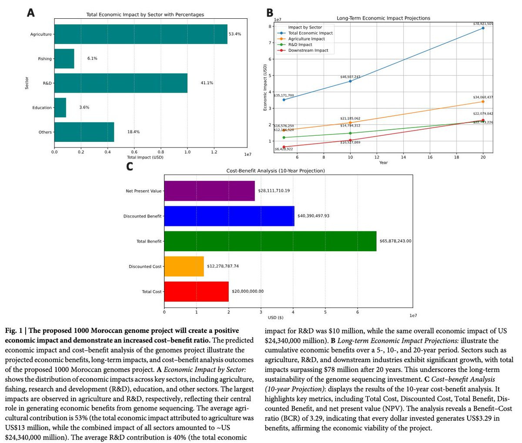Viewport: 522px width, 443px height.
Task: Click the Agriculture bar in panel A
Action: pos(141,34)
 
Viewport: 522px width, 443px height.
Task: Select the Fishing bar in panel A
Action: pos(64,59)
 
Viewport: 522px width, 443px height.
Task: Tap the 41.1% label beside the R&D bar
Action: pos(207,83)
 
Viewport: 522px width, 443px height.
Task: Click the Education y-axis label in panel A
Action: pos(42,107)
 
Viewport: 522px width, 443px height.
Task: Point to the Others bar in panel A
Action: pos(84,132)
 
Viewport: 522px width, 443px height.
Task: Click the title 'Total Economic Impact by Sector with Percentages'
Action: pos(145,15)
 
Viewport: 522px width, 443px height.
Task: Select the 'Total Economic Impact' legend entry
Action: pos(310,33)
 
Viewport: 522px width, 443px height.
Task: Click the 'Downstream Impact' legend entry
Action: pos(308,50)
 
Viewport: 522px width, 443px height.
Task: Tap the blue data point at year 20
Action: pos(483,28)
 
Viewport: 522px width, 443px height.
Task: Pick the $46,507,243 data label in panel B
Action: pos(350,77)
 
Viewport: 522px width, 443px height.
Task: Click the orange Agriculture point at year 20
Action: pos(483,101)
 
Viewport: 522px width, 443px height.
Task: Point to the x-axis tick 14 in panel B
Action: pos(403,157)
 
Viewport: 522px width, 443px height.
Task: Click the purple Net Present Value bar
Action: pos(209,191)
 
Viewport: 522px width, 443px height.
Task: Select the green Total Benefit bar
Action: pos(270,241)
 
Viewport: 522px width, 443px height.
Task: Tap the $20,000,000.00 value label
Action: pos(248,291)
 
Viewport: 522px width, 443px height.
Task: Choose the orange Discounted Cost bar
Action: pos(184,266)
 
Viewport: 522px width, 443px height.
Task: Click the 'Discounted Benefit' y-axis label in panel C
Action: pos(142,216)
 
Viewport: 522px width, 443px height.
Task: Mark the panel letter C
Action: pos(129,167)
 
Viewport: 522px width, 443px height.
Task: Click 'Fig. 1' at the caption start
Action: pos(14,331)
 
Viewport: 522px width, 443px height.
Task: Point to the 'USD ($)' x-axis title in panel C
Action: pos(275,318)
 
